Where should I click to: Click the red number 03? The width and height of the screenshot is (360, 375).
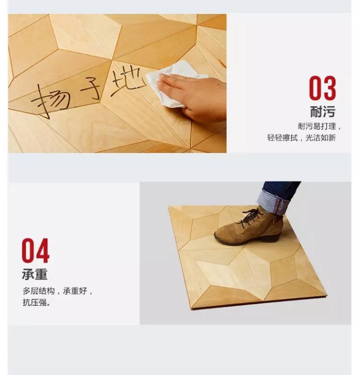pos(322,88)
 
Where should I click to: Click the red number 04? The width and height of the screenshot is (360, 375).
pos(35,250)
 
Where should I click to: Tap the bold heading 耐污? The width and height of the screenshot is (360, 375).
pos(322,111)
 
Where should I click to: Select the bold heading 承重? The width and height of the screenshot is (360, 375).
pos(34,274)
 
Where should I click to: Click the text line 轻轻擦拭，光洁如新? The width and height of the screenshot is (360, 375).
pos(301,137)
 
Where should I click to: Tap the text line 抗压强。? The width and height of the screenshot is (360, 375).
pos(36,302)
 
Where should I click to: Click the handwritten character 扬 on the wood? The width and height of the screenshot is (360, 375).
pos(51,100)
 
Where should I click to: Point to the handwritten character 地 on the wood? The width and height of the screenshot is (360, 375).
pos(127,81)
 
